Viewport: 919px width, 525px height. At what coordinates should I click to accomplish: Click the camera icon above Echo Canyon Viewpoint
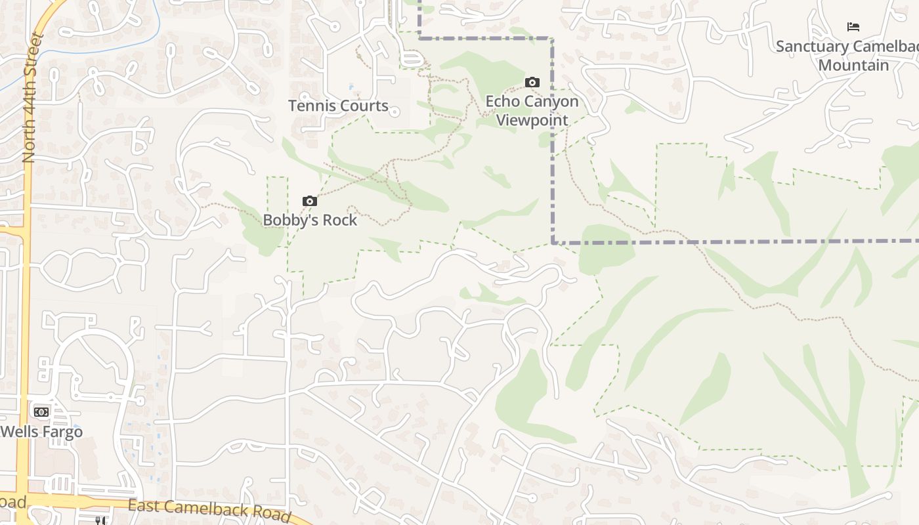tap(532, 82)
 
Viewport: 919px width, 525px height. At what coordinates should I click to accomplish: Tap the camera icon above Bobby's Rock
tap(310, 201)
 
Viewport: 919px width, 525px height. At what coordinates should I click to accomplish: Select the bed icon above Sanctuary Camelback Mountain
tap(853, 27)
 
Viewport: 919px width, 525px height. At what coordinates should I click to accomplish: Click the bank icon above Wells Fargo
tap(41, 412)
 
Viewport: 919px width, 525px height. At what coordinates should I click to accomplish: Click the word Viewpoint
tap(532, 120)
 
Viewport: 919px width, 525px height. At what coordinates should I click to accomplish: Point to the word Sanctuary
tap(812, 47)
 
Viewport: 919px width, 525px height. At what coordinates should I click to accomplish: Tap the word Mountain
tap(853, 65)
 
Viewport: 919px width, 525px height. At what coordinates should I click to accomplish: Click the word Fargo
tap(63, 432)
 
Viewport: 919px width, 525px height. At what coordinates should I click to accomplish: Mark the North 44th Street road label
tap(30, 98)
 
